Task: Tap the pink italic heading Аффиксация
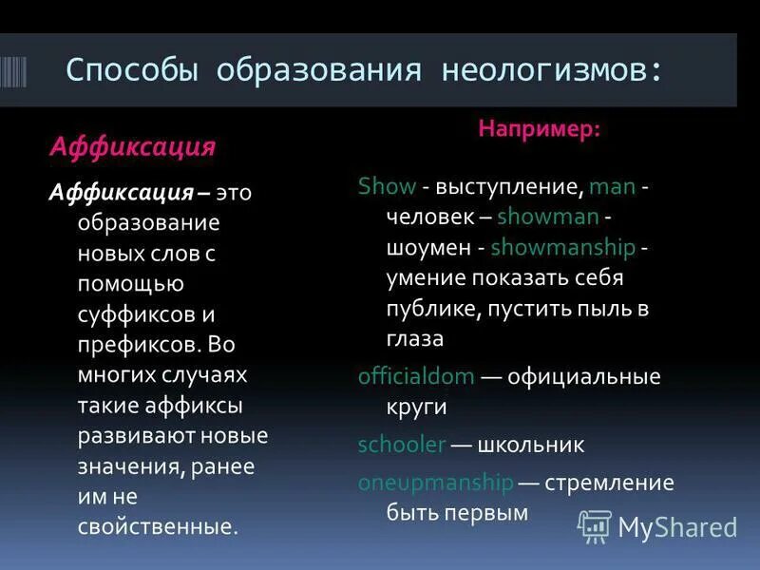(x=133, y=147)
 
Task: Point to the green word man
(x=612, y=186)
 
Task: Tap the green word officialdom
(x=416, y=376)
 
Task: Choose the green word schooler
(x=402, y=445)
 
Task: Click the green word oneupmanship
(x=435, y=483)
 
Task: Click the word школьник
(x=531, y=445)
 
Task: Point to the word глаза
(x=415, y=339)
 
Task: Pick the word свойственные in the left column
(x=157, y=525)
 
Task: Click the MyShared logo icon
(x=595, y=526)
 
